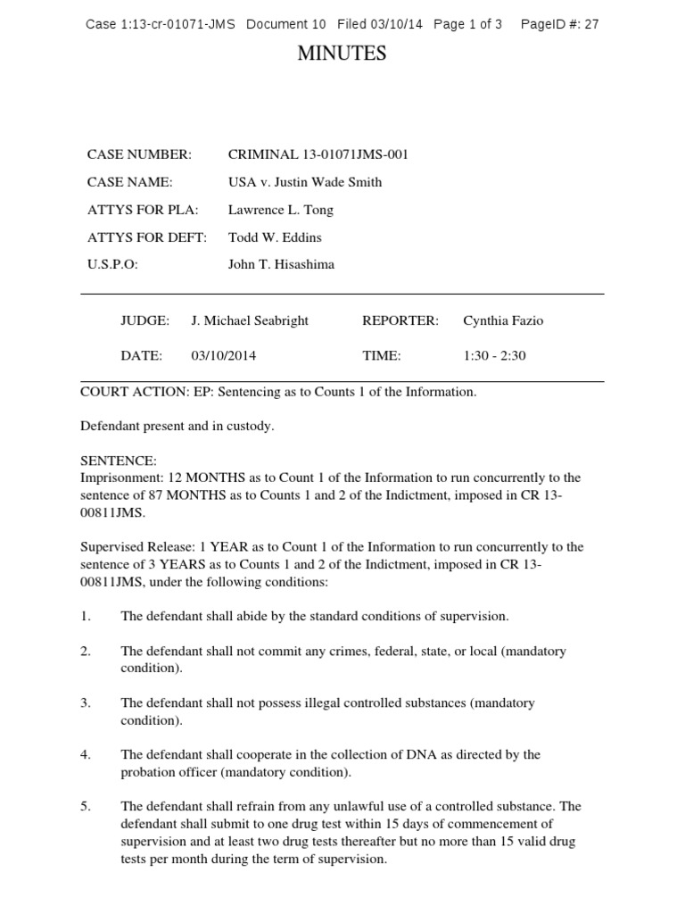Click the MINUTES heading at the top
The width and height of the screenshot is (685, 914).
click(x=342, y=54)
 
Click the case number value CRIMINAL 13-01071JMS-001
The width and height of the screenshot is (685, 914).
click(x=318, y=154)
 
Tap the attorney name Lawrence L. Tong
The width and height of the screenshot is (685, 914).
click(x=281, y=210)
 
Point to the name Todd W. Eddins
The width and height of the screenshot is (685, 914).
click(x=275, y=237)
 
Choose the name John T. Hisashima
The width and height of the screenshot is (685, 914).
click(x=282, y=265)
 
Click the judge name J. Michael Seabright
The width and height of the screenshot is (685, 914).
click(x=250, y=320)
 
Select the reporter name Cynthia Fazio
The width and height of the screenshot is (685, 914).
click(x=503, y=320)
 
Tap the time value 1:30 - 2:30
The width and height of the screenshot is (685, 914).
click(x=494, y=355)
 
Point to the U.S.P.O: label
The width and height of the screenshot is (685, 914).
click(x=112, y=265)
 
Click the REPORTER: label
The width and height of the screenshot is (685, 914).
click(x=400, y=320)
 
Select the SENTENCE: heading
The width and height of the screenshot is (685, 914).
click(x=119, y=461)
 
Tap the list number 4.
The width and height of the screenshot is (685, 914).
click(x=86, y=754)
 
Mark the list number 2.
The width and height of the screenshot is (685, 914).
click(x=86, y=651)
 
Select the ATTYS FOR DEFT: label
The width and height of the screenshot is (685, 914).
click(x=147, y=237)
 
